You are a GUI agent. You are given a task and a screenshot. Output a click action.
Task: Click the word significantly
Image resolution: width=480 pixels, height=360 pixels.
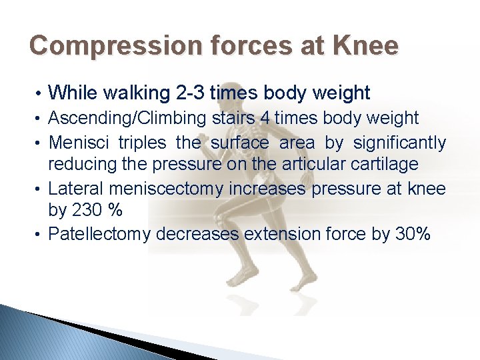[399, 143]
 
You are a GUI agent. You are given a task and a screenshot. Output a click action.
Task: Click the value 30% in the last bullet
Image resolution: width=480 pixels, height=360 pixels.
[411, 235]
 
